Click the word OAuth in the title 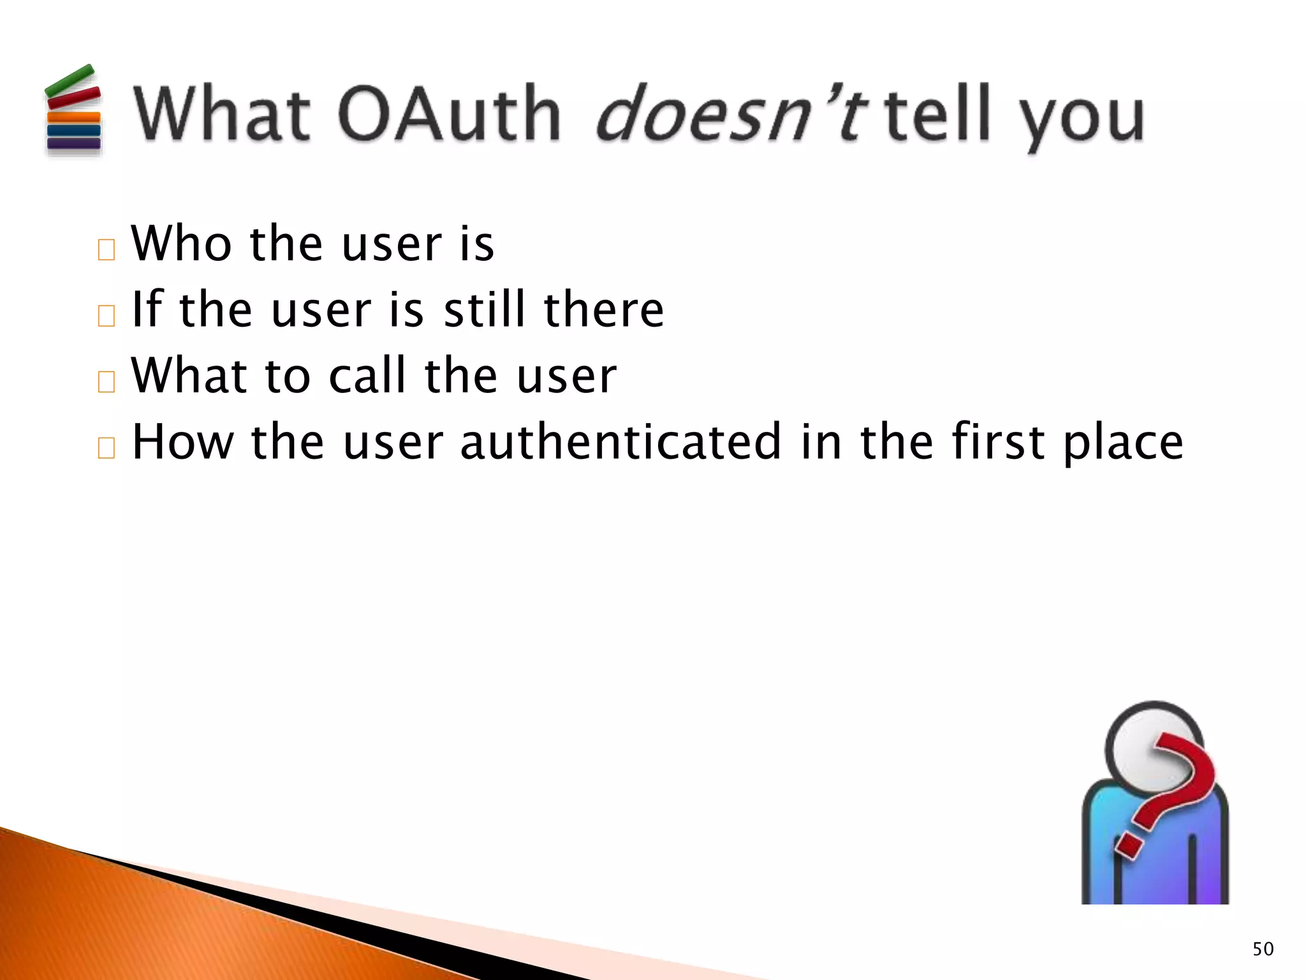450,115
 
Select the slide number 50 1263,949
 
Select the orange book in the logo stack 74,117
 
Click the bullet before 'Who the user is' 106,250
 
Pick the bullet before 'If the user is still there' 106,316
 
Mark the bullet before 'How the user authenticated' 106,448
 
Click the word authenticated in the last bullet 620,442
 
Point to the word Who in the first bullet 181,244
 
